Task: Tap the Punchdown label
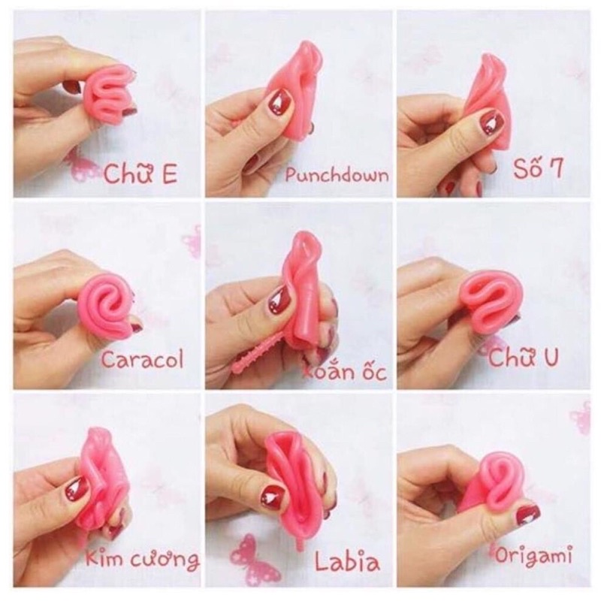click(x=337, y=176)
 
